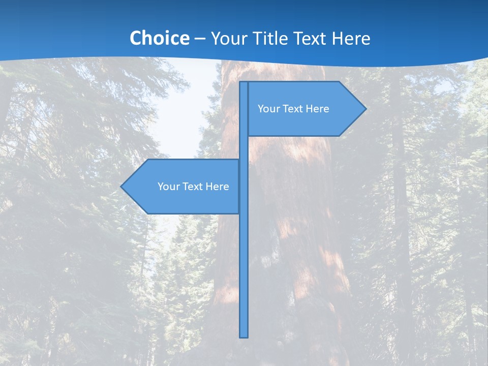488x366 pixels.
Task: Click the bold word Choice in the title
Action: (159, 38)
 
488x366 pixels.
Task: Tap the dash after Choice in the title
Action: (200, 39)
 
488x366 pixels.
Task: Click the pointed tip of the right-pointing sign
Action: (365, 108)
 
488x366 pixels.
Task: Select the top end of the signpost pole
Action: (244, 83)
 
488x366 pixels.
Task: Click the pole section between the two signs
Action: (244, 147)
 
